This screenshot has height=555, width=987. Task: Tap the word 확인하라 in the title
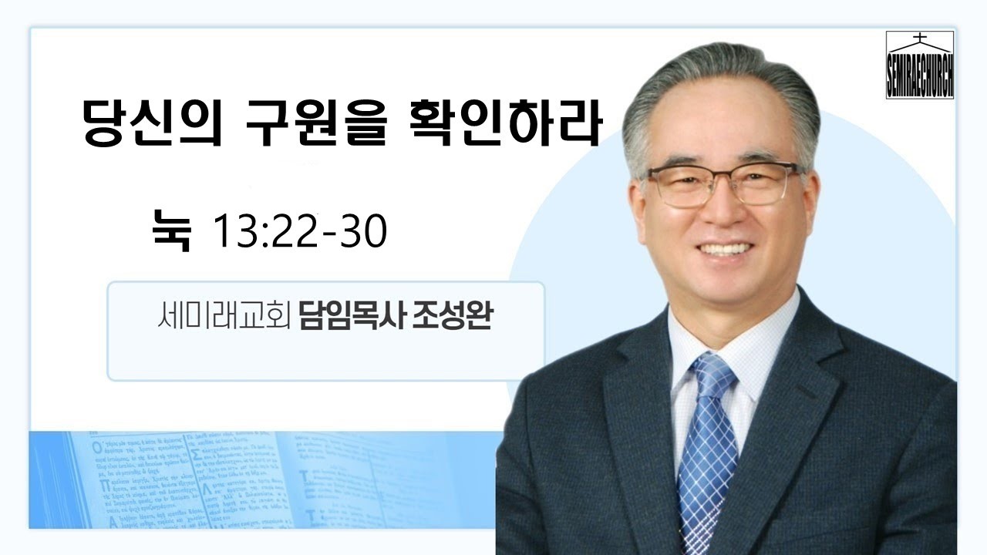coord(502,126)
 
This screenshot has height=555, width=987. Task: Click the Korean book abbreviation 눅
coord(171,231)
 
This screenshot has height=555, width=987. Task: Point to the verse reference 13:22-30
coord(299,231)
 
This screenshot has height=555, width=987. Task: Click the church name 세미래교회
coord(221,318)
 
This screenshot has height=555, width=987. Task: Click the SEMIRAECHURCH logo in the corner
coord(919,65)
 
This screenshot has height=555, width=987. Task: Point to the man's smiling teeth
coord(725,249)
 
